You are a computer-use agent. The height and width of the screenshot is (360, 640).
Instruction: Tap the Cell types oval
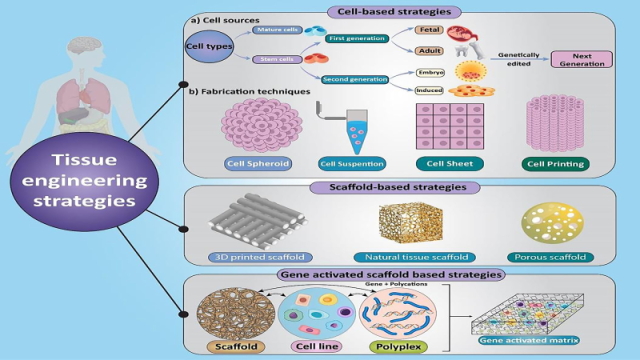pos(205,46)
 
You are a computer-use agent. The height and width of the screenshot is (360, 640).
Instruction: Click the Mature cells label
pos(274,30)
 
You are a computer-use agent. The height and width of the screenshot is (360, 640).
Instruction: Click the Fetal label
pos(431,29)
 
